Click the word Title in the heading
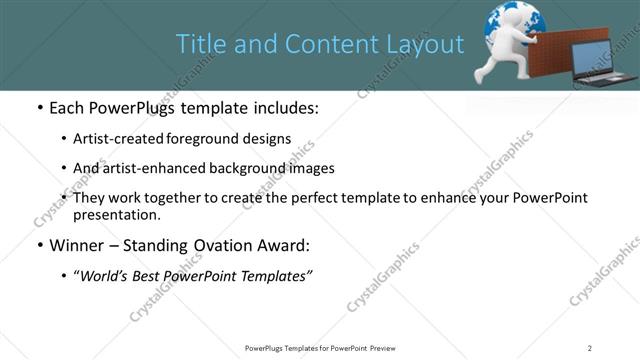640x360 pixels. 198,44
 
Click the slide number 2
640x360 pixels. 590,347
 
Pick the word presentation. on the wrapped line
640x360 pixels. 116,214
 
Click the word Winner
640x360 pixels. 78,245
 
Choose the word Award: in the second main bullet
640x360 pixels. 282,245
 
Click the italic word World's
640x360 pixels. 104,276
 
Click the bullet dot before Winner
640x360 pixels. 38,245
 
